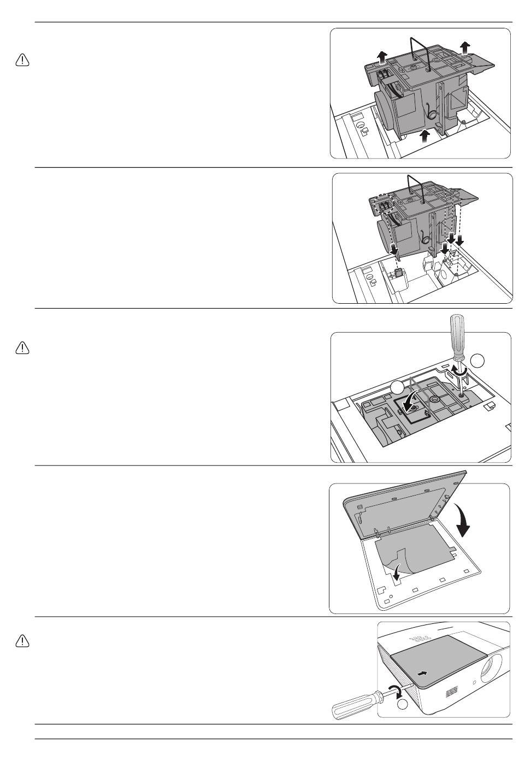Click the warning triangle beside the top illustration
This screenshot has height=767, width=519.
pos(22,60)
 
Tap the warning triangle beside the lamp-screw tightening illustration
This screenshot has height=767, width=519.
pos(22,347)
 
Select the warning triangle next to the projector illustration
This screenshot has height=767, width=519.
pos(22,641)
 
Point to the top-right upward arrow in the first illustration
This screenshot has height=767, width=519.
pos(464,48)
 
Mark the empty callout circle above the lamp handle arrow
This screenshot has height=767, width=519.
pos(397,388)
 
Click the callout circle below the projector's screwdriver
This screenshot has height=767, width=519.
pos(403,705)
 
